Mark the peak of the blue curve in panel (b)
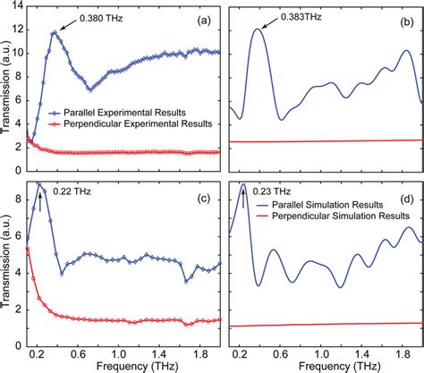tap(259, 30)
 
